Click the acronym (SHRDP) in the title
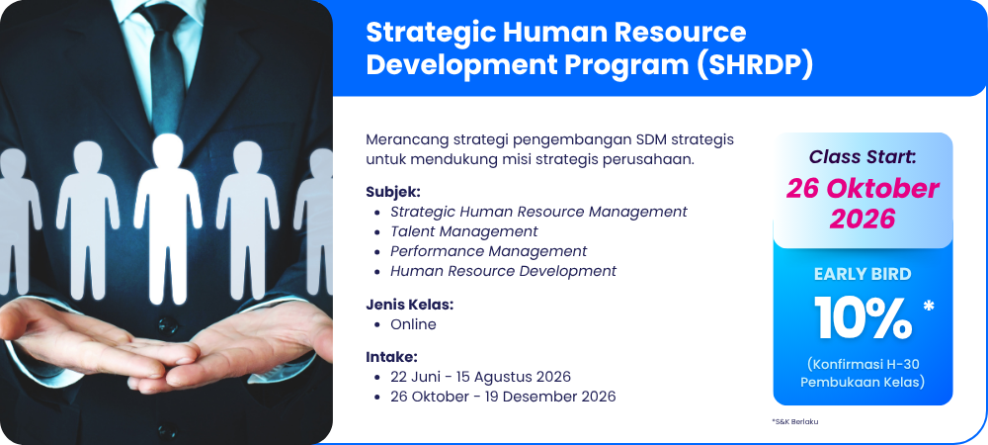coord(755,65)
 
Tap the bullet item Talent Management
coord(463,231)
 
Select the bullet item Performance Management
coord(488,251)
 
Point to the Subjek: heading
coord(392,192)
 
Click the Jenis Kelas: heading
coord(410,305)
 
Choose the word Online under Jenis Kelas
coord(413,324)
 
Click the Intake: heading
coord(391,357)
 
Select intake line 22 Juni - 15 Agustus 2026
coord(480,377)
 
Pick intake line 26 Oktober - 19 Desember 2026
coord(503,398)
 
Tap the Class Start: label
coord(863,157)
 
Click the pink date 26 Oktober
coord(863,189)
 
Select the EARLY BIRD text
coord(863,274)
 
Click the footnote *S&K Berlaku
coord(794,421)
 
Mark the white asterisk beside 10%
coord(928,307)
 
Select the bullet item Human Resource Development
coord(503,271)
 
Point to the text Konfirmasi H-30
coord(863,364)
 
